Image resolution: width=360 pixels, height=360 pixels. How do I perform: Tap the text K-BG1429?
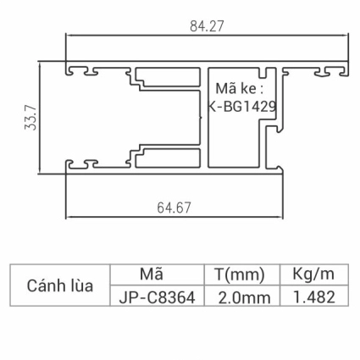click(x=242, y=107)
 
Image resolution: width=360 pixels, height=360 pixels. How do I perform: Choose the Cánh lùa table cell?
click(x=60, y=285)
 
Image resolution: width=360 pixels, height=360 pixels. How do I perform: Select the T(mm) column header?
click(x=241, y=274)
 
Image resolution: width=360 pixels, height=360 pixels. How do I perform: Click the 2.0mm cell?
click(x=244, y=296)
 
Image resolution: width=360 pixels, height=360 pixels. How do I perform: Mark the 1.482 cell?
click(x=314, y=296)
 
